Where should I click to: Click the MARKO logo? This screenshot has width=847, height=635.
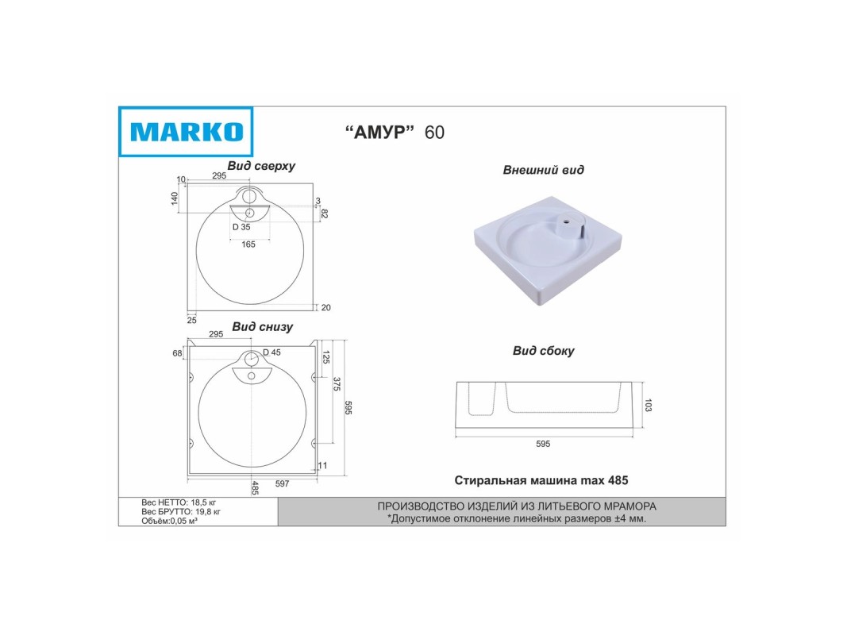tap(185, 132)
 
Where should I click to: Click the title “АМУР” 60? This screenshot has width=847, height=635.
tap(395, 133)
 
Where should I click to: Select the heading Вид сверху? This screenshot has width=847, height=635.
tap(261, 166)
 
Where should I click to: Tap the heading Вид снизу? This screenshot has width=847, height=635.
tap(263, 327)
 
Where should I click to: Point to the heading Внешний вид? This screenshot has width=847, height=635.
tap(544, 170)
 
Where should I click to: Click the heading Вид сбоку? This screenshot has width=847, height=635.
tap(544, 351)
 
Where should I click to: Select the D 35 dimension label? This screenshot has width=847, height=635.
tap(241, 227)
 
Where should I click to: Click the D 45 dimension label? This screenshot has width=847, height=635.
tap(271, 352)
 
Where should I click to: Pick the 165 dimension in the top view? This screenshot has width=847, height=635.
tap(248, 244)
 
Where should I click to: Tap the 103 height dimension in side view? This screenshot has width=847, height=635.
tap(649, 405)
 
